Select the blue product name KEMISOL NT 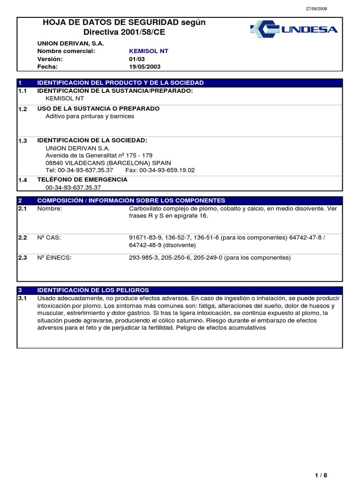coord(149,51)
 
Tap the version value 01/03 coord(137,59)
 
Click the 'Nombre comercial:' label coord(66,51)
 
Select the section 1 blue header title coord(120,82)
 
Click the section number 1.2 coord(23,109)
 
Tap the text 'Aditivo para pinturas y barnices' coord(90,116)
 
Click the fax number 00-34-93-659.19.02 coord(166,170)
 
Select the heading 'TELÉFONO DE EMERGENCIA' coord(82,180)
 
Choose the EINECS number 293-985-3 coord(143,257)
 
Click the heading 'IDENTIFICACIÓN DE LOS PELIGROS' coord(93,290)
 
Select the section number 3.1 coord(23,298)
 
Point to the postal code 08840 coord(54,163)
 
